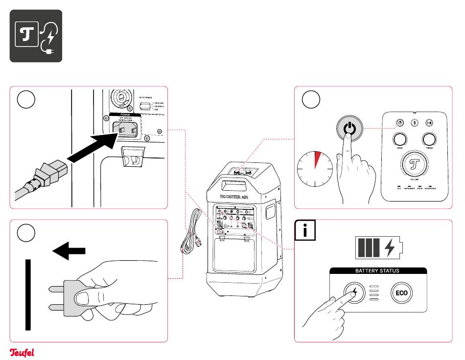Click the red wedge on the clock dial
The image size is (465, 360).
pyautogui.click(x=318, y=159)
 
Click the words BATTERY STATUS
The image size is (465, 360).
pyautogui.click(x=377, y=270)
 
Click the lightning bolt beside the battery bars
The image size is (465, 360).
pyautogui.click(x=390, y=248)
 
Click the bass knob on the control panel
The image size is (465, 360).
pyautogui.click(x=399, y=139)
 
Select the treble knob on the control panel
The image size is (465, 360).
pyautogui.click(x=429, y=139)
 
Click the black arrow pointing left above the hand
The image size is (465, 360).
pyautogui.click(x=69, y=251)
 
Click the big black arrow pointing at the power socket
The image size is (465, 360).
pyautogui.click(x=93, y=147)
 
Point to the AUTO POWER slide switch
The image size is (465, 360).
pyautogui.click(x=145, y=107)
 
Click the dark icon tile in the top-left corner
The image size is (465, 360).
pyautogui.click(x=36, y=36)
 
